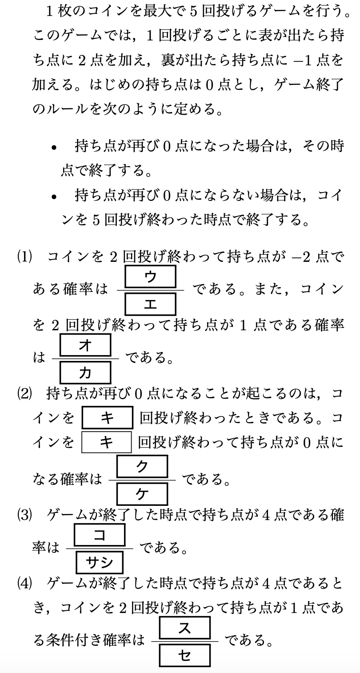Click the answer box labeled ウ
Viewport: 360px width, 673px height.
click(x=151, y=277)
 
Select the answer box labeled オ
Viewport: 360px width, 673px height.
click(x=85, y=345)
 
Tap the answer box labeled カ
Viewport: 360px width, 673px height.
click(x=85, y=373)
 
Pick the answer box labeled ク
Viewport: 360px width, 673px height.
click(x=142, y=466)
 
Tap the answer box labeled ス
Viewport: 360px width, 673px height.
click(x=184, y=628)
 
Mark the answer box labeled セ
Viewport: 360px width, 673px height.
click(x=184, y=655)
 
